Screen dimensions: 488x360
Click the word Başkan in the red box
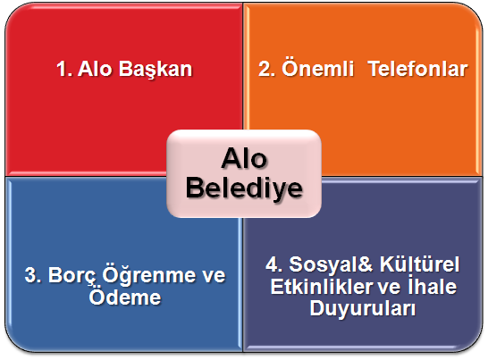coord(156,70)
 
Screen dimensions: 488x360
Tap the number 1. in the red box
coord(64,69)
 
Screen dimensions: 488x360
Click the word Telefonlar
coord(417,69)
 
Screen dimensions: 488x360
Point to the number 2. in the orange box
coord(266,69)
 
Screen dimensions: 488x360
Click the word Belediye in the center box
coord(244,188)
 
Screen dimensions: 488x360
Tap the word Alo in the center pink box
coord(244,159)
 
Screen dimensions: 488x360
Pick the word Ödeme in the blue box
coord(125,297)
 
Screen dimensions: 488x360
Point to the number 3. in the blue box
coord(33,275)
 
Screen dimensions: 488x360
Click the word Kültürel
coord(419,264)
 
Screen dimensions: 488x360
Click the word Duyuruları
coord(363,309)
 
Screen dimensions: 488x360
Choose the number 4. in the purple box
coord(273,264)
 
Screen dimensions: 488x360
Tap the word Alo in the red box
coord(95,69)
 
